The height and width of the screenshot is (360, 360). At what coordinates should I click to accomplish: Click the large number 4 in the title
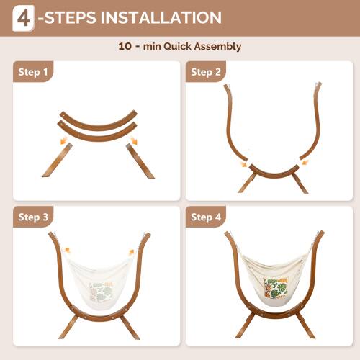click(24, 18)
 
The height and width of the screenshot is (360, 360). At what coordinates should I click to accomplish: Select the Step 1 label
click(34, 72)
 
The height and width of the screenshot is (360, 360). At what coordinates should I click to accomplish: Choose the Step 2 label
click(206, 72)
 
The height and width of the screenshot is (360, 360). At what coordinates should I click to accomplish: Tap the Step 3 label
click(34, 217)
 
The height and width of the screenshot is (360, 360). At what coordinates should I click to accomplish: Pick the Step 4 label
click(206, 217)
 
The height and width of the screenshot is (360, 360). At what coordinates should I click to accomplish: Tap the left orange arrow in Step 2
click(243, 164)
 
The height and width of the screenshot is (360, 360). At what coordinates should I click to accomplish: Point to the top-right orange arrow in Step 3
click(132, 252)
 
